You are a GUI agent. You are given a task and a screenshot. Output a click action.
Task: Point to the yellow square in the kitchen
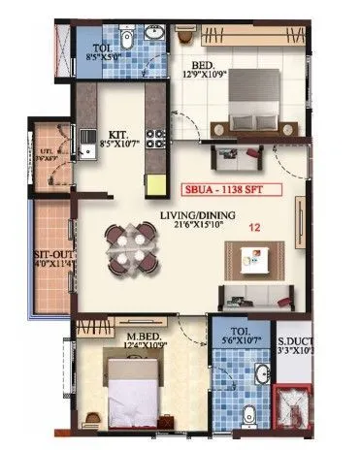click(155, 183)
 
